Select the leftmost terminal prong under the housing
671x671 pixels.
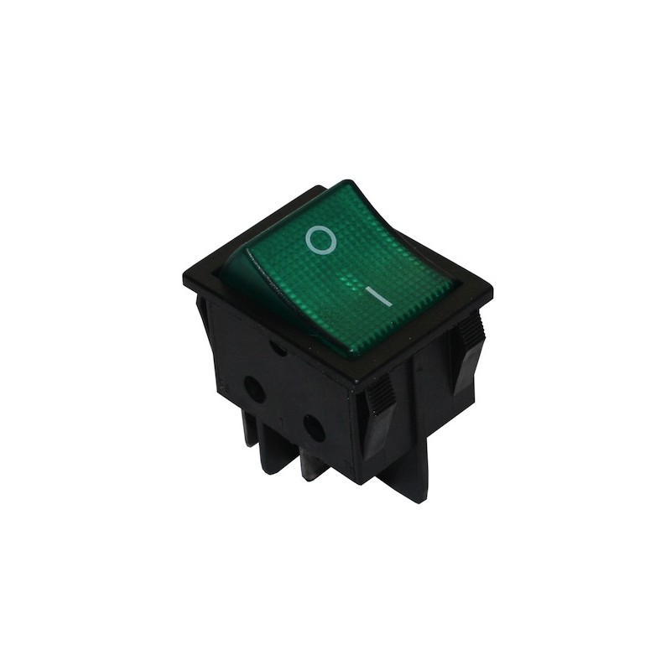(x=250, y=430)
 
